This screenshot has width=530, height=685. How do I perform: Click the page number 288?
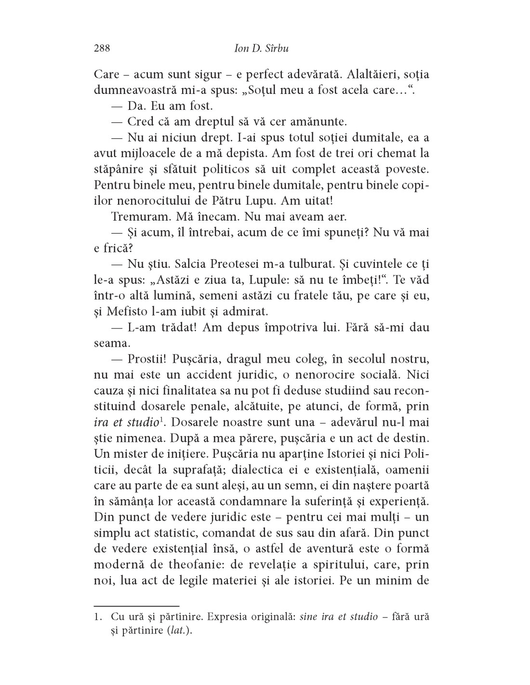click(102, 48)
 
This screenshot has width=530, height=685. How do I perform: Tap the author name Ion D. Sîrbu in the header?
click(261, 48)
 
